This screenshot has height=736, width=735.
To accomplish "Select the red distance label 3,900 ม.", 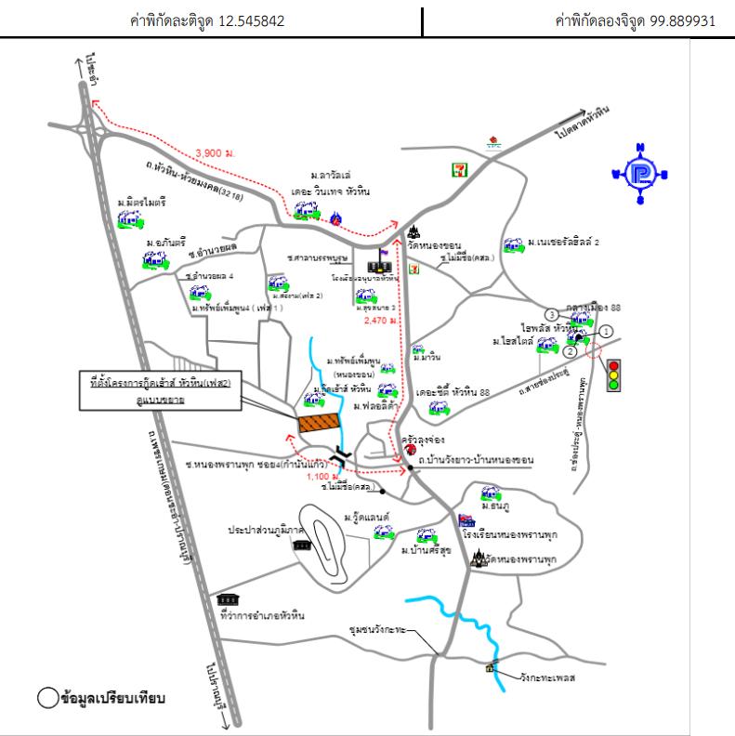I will click(214, 153).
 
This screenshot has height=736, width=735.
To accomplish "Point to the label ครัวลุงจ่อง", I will click(423, 437).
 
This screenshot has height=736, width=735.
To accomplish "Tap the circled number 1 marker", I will click(606, 330).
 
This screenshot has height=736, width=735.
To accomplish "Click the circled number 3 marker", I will click(551, 313).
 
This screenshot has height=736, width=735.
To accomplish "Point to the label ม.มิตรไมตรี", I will click(141, 201).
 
